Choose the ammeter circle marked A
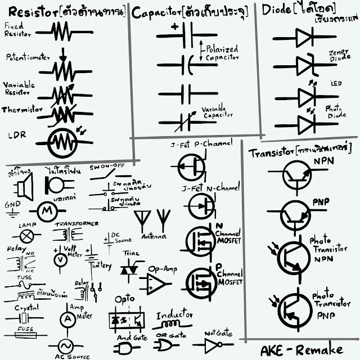[x=67, y=318]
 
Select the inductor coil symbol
[x=172, y=325]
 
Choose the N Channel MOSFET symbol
[x=200, y=241]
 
